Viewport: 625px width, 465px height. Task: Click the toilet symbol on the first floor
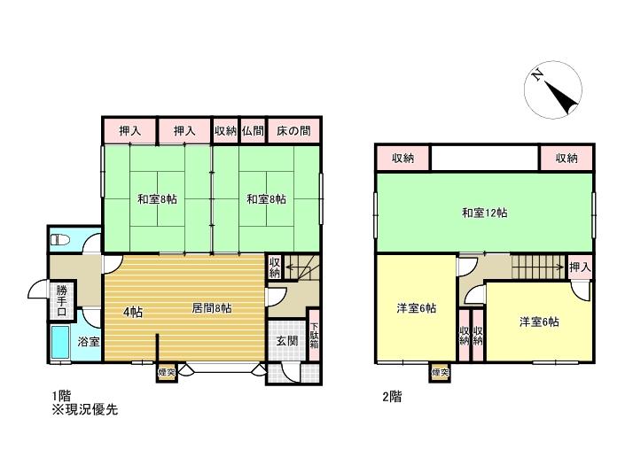click(60, 240)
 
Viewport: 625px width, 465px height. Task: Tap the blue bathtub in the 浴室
click(60, 342)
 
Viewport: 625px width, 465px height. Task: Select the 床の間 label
click(293, 130)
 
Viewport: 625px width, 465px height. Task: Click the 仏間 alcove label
click(253, 130)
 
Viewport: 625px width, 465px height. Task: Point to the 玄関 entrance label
click(287, 341)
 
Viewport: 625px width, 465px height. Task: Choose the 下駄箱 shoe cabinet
click(315, 336)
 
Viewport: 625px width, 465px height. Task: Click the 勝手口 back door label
click(61, 300)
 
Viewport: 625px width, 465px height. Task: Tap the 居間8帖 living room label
click(211, 308)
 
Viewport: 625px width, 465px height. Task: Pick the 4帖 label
click(133, 312)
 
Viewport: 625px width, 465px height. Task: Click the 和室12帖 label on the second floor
click(484, 213)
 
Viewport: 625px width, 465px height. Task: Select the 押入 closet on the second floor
click(580, 267)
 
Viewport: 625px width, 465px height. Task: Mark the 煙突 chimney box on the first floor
click(167, 373)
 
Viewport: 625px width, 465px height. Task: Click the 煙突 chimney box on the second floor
click(440, 373)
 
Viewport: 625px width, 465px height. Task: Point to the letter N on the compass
click(537, 75)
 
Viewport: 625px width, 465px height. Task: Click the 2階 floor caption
click(392, 397)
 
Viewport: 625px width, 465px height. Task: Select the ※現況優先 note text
click(84, 410)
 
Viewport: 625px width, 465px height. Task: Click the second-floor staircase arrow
click(538, 267)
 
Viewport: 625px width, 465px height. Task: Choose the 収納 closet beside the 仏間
click(225, 130)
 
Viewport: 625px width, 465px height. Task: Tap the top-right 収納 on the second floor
click(566, 159)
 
